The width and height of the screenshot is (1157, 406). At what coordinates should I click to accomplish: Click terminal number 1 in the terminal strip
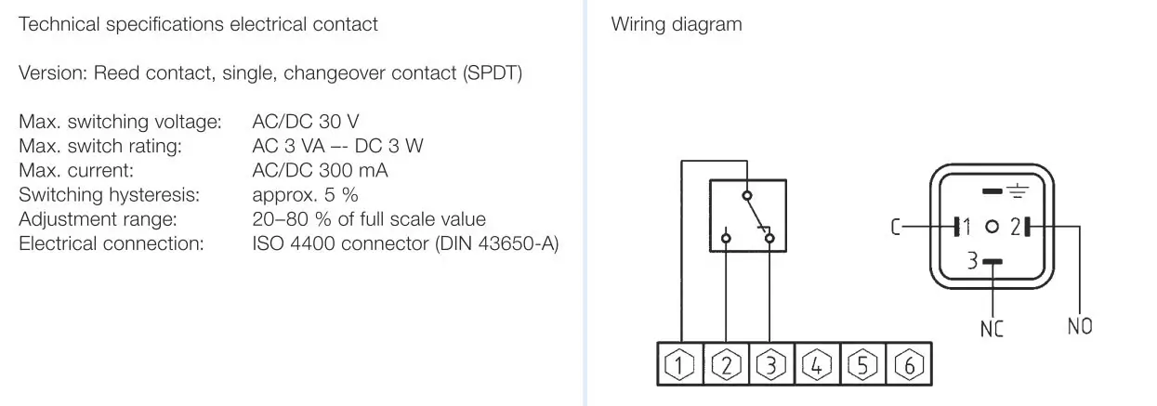pyautogui.click(x=679, y=364)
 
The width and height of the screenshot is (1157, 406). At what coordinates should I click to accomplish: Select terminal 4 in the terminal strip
pyautogui.click(x=817, y=364)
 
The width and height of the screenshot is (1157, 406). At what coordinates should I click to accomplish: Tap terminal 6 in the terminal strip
pyautogui.click(x=909, y=364)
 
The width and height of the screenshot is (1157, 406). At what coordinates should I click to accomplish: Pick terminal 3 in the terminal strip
pyautogui.click(x=771, y=364)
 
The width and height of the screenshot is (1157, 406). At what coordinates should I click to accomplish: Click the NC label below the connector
pyautogui.click(x=992, y=329)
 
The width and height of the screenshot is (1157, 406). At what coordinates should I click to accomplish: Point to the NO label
pyautogui.click(x=1080, y=326)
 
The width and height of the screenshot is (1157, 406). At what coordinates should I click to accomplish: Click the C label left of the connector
pyautogui.click(x=896, y=227)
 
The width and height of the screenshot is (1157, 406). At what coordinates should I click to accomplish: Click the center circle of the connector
pyautogui.click(x=992, y=227)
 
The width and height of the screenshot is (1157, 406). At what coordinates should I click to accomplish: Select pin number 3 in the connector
pyautogui.click(x=973, y=261)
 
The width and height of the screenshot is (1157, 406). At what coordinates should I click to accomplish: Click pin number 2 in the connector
pyautogui.click(x=1016, y=227)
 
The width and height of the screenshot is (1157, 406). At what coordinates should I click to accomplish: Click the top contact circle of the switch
pyautogui.click(x=747, y=196)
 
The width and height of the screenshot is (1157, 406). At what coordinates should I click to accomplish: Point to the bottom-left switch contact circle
pyautogui.click(x=726, y=238)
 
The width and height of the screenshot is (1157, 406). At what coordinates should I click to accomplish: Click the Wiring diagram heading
pyautogui.click(x=677, y=24)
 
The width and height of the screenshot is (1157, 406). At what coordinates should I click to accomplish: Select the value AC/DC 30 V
pyautogui.click(x=305, y=122)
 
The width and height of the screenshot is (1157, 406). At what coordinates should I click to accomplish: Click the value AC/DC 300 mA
pyautogui.click(x=320, y=170)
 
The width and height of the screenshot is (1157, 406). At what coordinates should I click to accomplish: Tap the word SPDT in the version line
pyautogui.click(x=492, y=72)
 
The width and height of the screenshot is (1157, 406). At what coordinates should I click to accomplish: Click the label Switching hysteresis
pyautogui.click(x=109, y=195)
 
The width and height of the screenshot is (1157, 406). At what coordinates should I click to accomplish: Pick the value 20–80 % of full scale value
pyautogui.click(x=369, y=219)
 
